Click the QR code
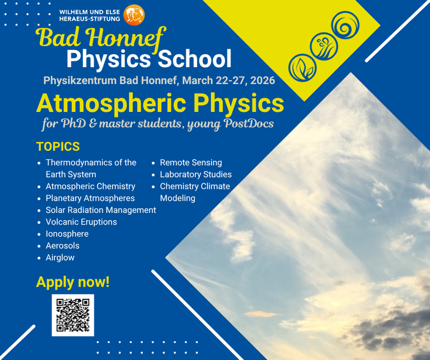click(73, 315)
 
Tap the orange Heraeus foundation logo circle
click(134, 15)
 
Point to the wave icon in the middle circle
click(322, 46)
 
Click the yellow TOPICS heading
click(58, 147)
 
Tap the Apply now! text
click(73, 282)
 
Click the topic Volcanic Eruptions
click(81, 222)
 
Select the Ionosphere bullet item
click(67, 233)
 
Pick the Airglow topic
click(60, 258)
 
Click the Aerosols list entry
click(63, 246)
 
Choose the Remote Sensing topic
click(191, 162)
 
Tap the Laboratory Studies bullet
click(195, 174)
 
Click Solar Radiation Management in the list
click(101, 210)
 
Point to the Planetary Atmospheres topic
click(90, 198)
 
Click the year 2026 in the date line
click(263, 80)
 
